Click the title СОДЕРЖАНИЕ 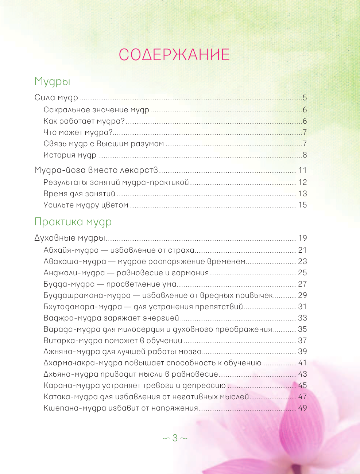174,55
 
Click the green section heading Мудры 52,81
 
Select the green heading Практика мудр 73,222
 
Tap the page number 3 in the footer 175,438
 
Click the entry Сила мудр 56,98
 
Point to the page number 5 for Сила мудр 305,98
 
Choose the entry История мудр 70,155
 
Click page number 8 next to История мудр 305,155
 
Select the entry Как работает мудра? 84,121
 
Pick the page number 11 302,170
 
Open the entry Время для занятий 79,194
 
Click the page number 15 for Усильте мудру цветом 302,205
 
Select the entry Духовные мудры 70,238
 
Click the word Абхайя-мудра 71,250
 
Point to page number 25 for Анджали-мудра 302,273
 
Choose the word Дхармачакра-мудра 83,363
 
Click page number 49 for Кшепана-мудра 302,408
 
